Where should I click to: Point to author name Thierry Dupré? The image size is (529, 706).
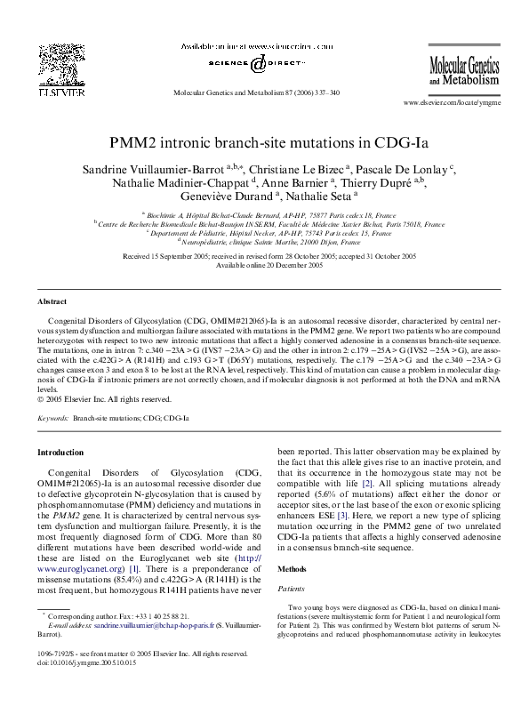click(410, 183)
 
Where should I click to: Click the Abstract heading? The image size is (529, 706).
click(52, 303)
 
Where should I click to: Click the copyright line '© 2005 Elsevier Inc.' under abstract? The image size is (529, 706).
click(95, 398)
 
